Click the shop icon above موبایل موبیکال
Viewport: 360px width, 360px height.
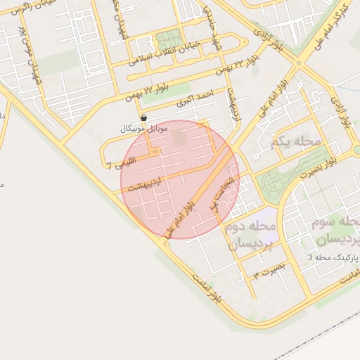click(144, 118)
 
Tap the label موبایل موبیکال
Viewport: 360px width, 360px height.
click(144, 129)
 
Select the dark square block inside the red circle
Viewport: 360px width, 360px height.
click(180, 138)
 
